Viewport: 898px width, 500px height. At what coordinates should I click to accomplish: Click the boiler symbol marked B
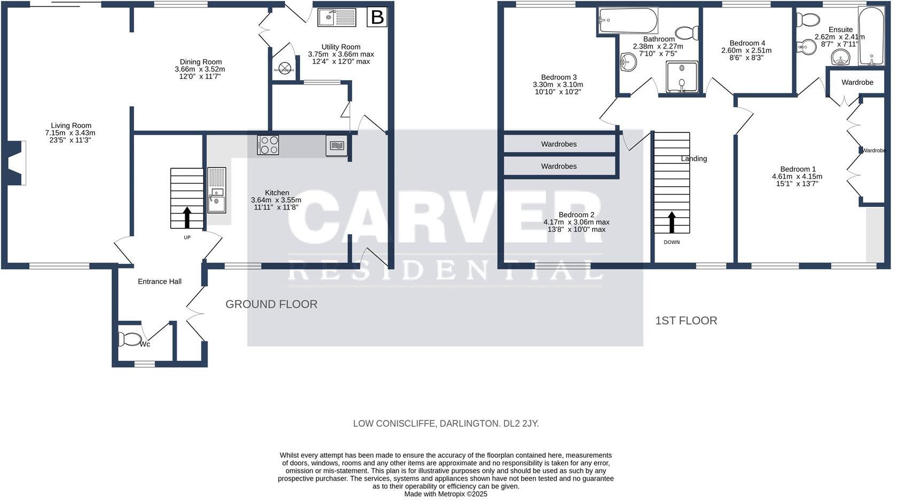pos(377,18)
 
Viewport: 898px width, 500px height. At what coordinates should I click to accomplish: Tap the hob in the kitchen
pos(267,145)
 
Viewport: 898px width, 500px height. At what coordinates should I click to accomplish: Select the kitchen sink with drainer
pos(217,191)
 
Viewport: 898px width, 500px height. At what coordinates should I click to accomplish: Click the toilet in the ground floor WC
pos(130,339)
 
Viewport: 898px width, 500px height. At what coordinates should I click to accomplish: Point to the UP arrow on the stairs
pos(187,218)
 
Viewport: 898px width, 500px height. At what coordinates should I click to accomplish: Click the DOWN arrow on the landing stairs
pos(672,222)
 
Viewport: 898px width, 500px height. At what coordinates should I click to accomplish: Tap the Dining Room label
pos(200,62)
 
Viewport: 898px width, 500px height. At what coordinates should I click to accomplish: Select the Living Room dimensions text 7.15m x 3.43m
pos(70,133)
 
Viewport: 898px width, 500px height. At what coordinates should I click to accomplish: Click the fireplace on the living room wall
pos(17,163)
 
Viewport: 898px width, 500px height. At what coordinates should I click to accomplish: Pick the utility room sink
pos(337,18)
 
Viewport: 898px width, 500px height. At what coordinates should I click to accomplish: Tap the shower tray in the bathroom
pos(681,77)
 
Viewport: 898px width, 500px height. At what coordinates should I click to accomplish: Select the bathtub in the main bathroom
pos(627,21)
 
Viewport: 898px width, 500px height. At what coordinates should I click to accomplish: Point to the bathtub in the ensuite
pos(871,36)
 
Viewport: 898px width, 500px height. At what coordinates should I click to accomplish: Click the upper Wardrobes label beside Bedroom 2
pos(558,144)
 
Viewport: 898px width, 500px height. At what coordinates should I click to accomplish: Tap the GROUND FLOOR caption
pos(271,304)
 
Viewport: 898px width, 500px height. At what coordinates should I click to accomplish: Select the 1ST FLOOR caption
pos(686,321)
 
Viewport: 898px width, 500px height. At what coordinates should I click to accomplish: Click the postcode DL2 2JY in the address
pos(521,424)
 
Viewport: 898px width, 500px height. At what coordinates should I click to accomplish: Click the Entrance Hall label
pos(160,282)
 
